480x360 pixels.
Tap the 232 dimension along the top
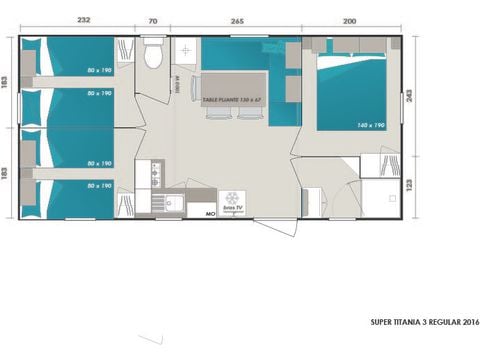pyautogui.click(x=84, y=19)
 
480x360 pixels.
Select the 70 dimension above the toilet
pyautogui.click(x=152, y=19)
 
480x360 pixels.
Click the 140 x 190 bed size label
pyautogui.click(x=370, y=125)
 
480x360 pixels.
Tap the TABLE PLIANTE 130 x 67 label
pyautogui.click(x=232, y=100)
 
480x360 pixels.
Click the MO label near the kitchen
pyautogui.click(x=211, y=213)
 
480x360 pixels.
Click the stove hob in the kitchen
pyautogui.click(x=156, y=175)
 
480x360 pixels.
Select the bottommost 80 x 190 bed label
pyautogui.click(x=98, y=185)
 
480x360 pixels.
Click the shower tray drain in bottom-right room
pyautogui.click(x=380, y=195)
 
